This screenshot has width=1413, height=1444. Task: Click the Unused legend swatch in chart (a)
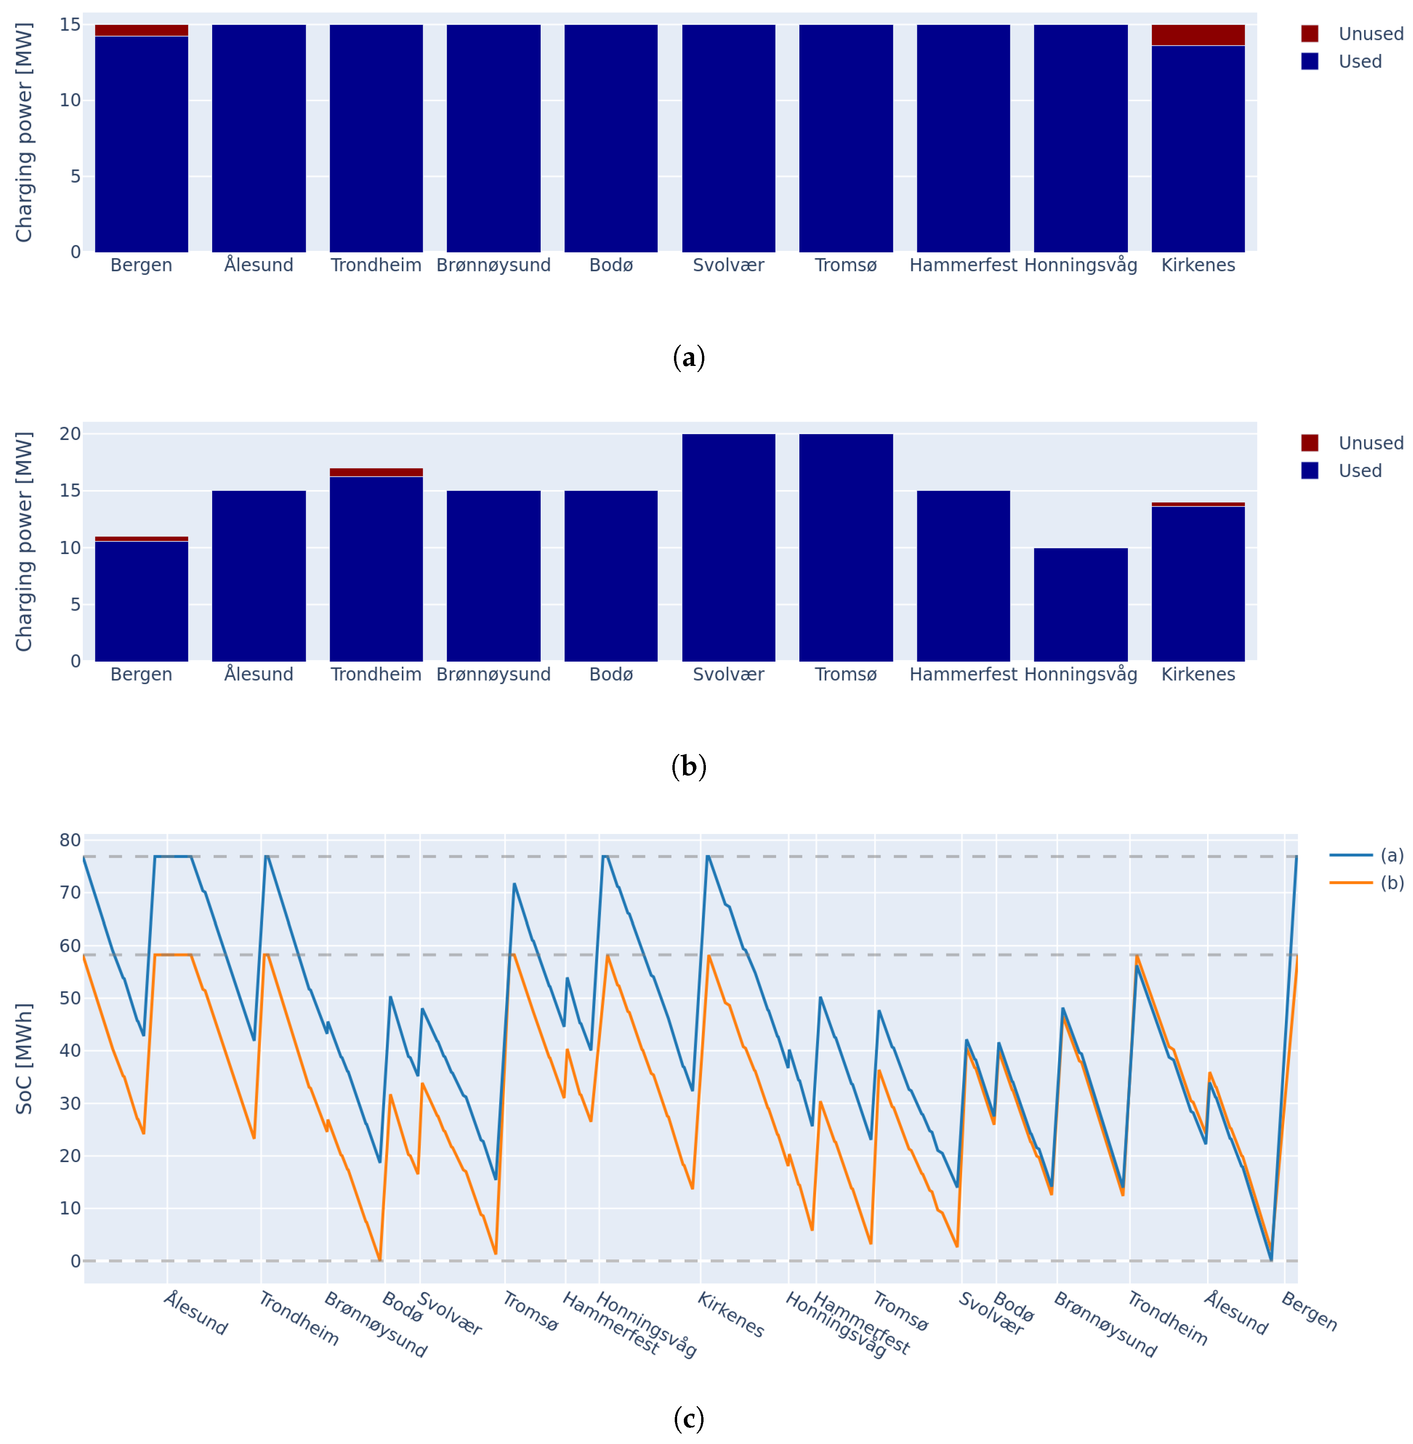pos(1309,34)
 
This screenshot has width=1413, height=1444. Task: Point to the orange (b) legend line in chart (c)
pos(1351,882)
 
